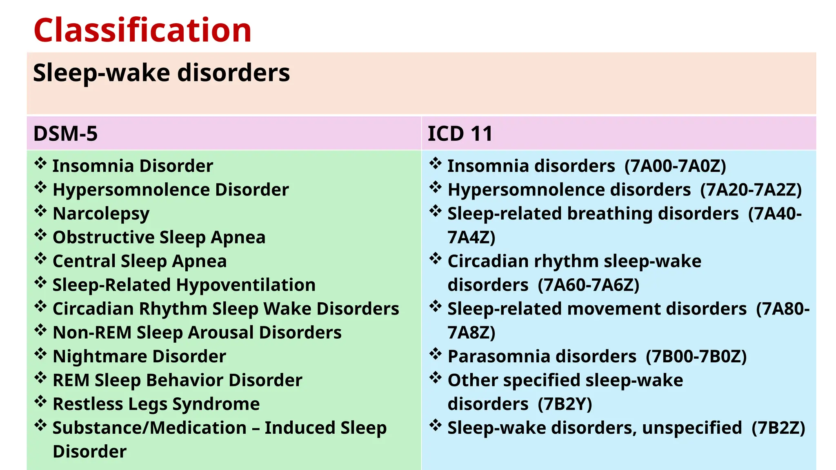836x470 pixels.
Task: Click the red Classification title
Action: click(142, 30)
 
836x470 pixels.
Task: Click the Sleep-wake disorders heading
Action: click(161, 73)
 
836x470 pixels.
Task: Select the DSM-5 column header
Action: click(65, 134)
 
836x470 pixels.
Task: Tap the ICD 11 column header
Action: click(460, 134)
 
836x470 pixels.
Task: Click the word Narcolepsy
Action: click(101, 214)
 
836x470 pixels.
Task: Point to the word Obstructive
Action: click(104, 237)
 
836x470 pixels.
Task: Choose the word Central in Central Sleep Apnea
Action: click(84, 261)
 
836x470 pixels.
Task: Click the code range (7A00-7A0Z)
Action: click(675, 166)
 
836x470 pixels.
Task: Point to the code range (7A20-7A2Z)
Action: click(751, 190)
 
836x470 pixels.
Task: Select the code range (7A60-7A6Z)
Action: click(588, 285)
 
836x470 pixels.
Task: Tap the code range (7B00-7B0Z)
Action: click(696, 356)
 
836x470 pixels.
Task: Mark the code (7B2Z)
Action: click(778, 428)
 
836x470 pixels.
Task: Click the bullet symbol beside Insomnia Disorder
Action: click(40, 164)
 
